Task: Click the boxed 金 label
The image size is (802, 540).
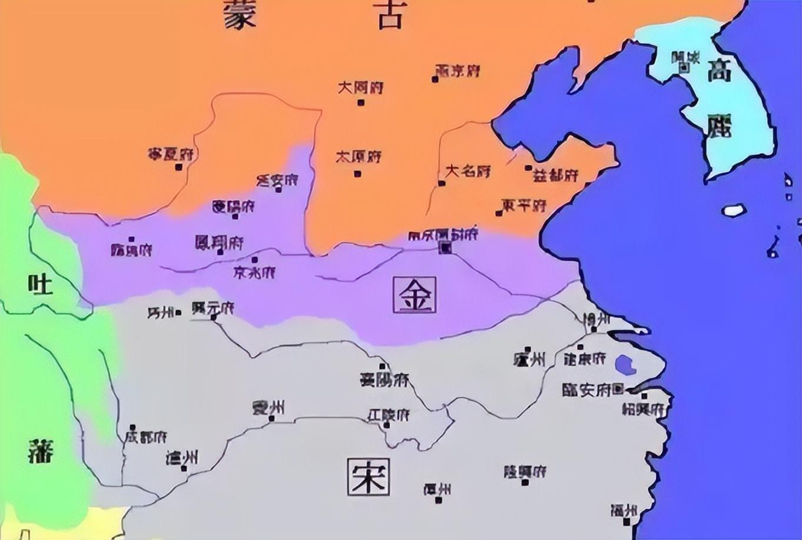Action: click(415, 295)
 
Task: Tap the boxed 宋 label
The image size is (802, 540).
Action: click(369, 476)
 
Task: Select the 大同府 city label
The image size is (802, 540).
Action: click(360, 88)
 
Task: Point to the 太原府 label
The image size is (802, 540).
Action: click(359, 157)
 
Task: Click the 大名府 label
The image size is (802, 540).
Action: click(468, 172)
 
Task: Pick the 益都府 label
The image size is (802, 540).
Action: click(555, 175)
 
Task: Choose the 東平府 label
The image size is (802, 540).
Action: click(524, 206)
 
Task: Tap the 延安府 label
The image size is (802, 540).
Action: click(277, 180)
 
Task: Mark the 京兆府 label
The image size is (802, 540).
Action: click(254, 272)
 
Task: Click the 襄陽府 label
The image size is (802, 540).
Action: click(385, 380)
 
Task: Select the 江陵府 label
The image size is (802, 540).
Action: click(389, 414)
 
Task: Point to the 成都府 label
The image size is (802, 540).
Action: click(145, 437)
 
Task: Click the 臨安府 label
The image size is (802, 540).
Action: click(588, 390)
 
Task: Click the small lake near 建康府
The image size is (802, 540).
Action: click(624, 364)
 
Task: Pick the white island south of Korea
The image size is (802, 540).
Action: click(734, 210)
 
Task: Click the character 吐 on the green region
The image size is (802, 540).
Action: click(40, 285)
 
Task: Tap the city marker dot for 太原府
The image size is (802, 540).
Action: click(357, 173)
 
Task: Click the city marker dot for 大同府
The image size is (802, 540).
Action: click(360, 103)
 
